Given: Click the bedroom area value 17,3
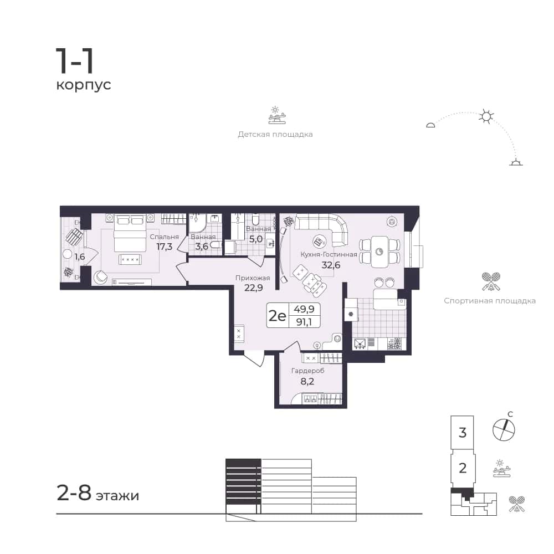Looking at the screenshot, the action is pyautogui.click(x=165, y=247).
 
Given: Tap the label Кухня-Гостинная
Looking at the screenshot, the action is pyautogui.click(x=329, y=254).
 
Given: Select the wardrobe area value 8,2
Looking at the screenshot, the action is pyautogui.click(x=307, y=381).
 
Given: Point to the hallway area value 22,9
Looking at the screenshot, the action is pyautogui.click(x=253, y=288).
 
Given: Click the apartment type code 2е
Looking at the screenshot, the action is pyautogui.click(x=278, y=315).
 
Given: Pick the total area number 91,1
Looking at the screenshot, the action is pyautogui.click(x=304, y=322).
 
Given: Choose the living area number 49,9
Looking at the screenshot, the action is pyautogui.click(x=304, y=309).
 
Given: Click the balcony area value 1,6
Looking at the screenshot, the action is pyautogui.click(x=79, y=257).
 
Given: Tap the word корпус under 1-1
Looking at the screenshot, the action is pyautogui.click(x=84, y=85).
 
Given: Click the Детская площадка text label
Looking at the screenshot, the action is pyautogui.click(x=275, y=134).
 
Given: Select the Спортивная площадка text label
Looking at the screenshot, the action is pyautogui.click(x=490, y=301).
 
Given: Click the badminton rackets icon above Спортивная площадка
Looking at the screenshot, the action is pyautogui.click(x=491, y=281).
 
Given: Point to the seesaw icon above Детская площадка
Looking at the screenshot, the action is pyautogui.click(x=276, y=115).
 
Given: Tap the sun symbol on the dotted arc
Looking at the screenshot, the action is pyautogui.click(x=486, y=116).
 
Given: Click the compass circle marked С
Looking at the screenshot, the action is pyautogui.click(x=504, y=430).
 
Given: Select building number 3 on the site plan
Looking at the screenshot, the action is pyautogui.click(x=463, y=433).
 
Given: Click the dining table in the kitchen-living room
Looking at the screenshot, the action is pyautogui.click(x=379, y=252).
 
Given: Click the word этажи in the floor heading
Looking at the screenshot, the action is pyautogui.click(x=117, y=496).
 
